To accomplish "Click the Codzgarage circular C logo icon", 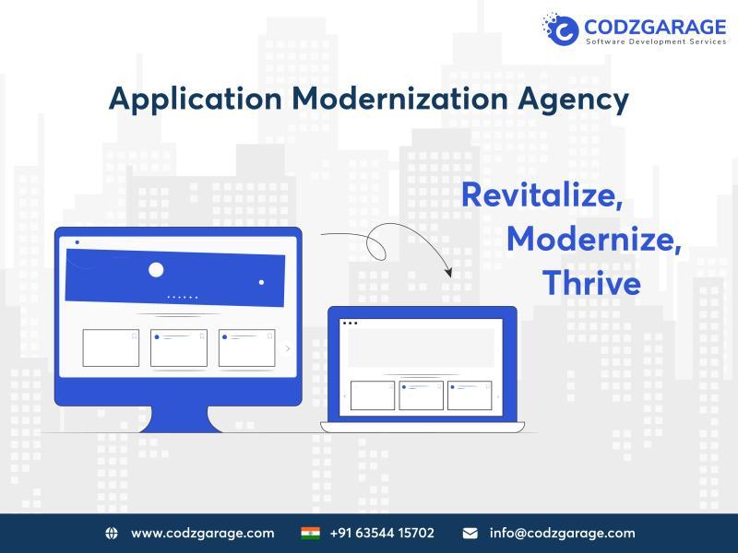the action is click(561, 29).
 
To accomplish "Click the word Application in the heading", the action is click(196, 100).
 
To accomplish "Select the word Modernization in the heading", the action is click(399, 99).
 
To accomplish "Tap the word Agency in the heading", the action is click(573, 100).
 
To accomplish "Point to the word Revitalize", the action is click(542, 194).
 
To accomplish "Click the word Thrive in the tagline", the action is click(591, 283).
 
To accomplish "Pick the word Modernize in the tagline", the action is click(594, 239).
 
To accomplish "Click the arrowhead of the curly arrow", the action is click(448, 272).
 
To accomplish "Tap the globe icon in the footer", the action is click(112, 533).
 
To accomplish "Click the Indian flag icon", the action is click(310, 533).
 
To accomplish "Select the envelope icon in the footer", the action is click(470, 533).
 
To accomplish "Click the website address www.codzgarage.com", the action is click(203, 534).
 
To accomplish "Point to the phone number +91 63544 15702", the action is click(382, 533).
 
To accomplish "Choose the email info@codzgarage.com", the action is click(563, 534).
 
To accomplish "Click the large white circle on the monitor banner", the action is click(156, 270).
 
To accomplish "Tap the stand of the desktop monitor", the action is click(181, 418).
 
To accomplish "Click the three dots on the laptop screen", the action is click(351, 324).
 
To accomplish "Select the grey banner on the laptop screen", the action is click(422, 348).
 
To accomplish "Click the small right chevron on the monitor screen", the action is click(288, 348).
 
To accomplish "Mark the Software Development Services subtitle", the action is click(656, 41).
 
